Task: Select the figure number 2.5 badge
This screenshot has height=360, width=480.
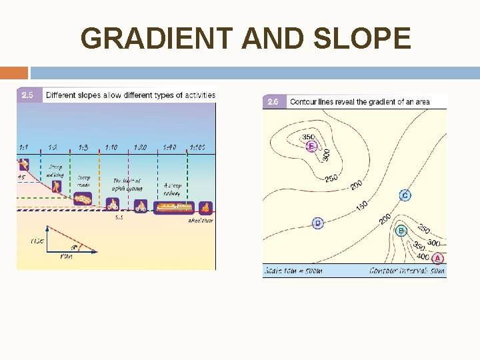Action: pos(29,95)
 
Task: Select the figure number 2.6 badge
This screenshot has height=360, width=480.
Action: pos(273,102)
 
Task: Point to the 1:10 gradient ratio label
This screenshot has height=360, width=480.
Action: pos(111,147)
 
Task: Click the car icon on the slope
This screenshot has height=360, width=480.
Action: pos(83,199)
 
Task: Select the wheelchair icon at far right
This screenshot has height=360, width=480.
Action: pos(205,207)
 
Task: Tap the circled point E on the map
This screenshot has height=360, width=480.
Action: pos(310,146)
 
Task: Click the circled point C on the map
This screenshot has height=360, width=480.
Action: pos(405,195)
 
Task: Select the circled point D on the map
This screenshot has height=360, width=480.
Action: pos(317,223)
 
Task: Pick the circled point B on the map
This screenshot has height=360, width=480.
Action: pos(401,231)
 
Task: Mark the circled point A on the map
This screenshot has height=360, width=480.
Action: pos(437,258)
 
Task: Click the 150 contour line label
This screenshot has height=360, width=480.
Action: pos(361,207)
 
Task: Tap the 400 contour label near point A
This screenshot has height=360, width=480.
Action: pos(423,256)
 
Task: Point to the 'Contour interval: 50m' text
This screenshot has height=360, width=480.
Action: pos(407,271)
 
